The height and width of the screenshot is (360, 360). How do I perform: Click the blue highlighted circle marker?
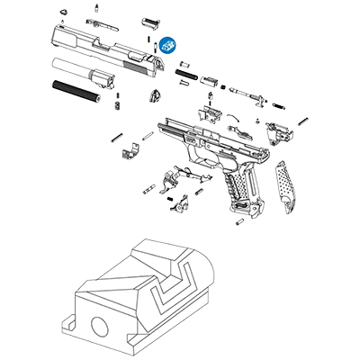(166, 42)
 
